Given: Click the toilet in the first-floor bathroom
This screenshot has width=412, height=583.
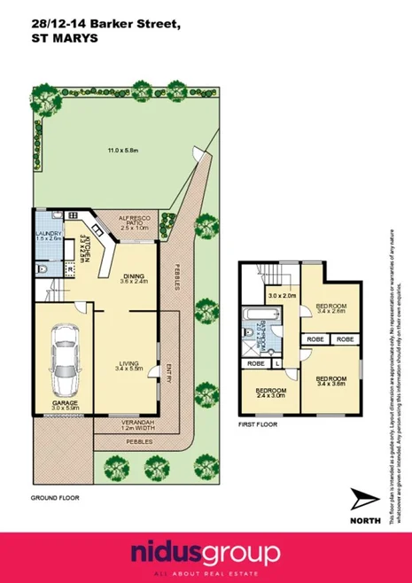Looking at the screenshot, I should [250, 334].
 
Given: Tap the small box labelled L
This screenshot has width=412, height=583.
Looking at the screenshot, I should [279, 363].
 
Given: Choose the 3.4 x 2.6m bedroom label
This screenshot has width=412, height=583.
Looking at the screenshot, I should [330, 309].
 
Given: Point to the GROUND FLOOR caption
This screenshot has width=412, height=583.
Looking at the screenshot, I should [55, 498].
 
